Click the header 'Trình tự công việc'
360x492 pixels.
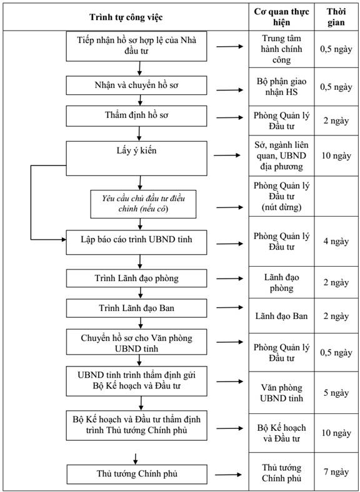click(x=126, y=17)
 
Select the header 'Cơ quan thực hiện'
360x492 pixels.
click(x=281, y=17)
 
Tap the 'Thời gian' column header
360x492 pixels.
click(x=336, y=17)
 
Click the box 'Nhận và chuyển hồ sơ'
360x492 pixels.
click(x=136, y=85)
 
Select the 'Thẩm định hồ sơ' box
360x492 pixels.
click(x=136, y=116)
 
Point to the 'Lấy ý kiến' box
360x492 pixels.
click(x=136, y=158)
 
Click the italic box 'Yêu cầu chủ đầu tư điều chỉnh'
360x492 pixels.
click(x=143, y=204)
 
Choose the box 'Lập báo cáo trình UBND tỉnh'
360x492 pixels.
click(x=136, y=242)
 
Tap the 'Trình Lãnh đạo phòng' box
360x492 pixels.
click(x=136, y=278)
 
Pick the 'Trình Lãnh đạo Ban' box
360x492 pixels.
click(x=136, y=308)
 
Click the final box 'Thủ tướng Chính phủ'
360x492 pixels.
click(x=137, y=474)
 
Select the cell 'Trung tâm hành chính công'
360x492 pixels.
click(x=281, y=49)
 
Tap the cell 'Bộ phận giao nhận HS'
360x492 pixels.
click(x=281, y=87)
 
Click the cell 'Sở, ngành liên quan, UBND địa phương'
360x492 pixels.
click(x=281, y=155)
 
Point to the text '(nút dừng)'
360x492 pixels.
click(x=281, y=207)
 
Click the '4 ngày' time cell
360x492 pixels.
click(x=336, y=241)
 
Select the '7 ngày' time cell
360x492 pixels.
click(x=336, y=472)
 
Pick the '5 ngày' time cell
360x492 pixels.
click(x=336, y=393)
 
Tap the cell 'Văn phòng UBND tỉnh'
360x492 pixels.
click(x=281, y=393)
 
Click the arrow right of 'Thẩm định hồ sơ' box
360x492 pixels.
click(x=230, y=117)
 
